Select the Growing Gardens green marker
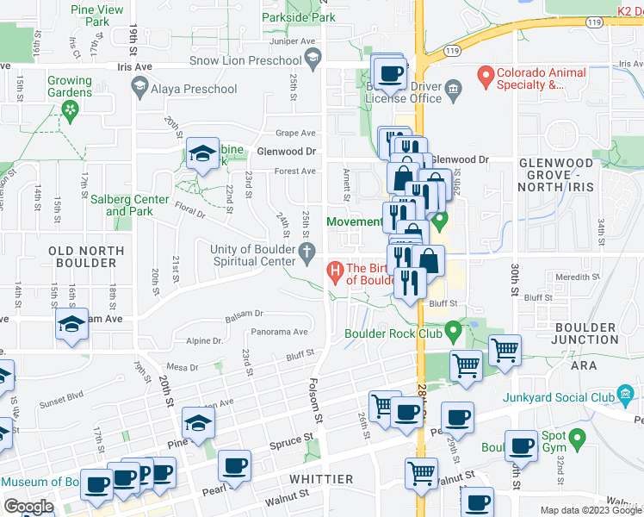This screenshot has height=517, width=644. [x=70, y=109]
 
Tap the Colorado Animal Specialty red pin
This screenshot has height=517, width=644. [x=486, y=76]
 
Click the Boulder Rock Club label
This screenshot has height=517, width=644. [x=393, y=333]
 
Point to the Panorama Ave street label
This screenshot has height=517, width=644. [x=279, y=332]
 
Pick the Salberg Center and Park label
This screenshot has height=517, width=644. [x=130, y=205]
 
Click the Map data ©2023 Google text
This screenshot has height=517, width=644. [x=590, y=510]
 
